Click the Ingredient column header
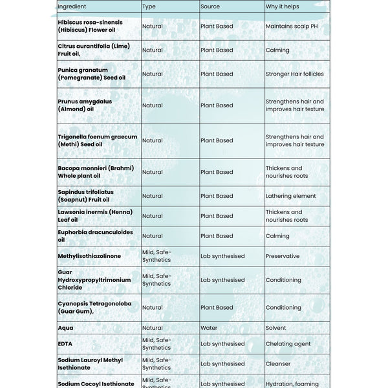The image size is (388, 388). pos(71,6)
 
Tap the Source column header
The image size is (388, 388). pos(210,6)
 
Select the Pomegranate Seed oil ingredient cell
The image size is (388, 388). pos(91,74)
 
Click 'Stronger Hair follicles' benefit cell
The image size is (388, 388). pos(294,74)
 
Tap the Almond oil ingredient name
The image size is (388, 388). pos(85,105)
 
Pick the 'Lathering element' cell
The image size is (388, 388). pos(290,196)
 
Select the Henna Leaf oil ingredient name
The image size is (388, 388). pos(94,216)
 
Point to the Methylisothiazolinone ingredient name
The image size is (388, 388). pos(89,256)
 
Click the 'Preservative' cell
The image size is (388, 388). pos(283,256)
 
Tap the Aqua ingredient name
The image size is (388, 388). pos(65,328)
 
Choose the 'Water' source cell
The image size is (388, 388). pos(208,328)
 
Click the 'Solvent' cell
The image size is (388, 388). pos(275,328)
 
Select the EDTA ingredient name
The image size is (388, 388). pos(65,344)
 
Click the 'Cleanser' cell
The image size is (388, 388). pos(278,364)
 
